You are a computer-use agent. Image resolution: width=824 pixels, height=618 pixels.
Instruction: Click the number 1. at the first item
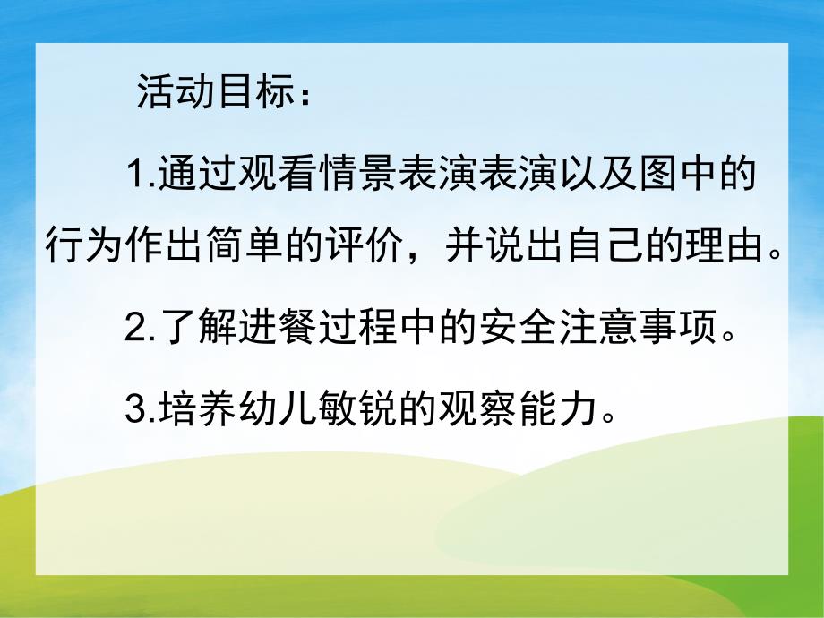(141, 173)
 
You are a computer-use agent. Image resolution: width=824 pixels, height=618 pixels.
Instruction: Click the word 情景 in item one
(372, 173)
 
